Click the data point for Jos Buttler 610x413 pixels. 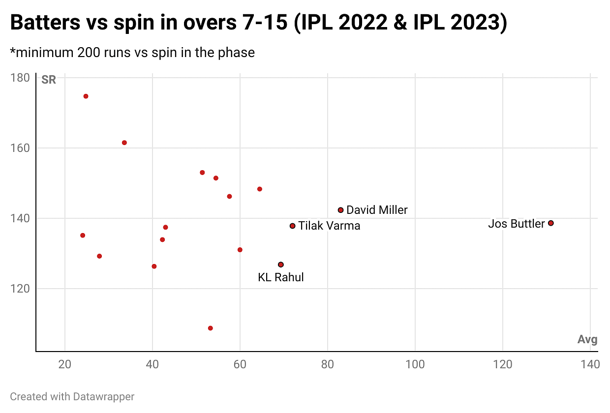tap(550, 223)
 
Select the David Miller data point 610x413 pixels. tap(340, 210)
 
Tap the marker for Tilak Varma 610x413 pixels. tap(293, 226)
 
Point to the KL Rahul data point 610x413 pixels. tap(281, 265)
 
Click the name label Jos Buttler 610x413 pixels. tap(517, 224)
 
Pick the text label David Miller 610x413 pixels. tap(377, 210)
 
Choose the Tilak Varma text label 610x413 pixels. tap(329, 226)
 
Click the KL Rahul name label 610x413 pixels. tap(281, 277)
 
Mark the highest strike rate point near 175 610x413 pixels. tap(86, 96)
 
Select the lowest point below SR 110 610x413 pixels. tap(211, 328)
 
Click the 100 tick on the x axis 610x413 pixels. tap(415, 364)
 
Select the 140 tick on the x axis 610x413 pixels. tap(590, 364)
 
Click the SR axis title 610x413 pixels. tap(49, 80)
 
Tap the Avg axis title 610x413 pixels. tap(587, 340)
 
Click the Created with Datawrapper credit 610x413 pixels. tap(72, 396)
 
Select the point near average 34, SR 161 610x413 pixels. tap(124, 143)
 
